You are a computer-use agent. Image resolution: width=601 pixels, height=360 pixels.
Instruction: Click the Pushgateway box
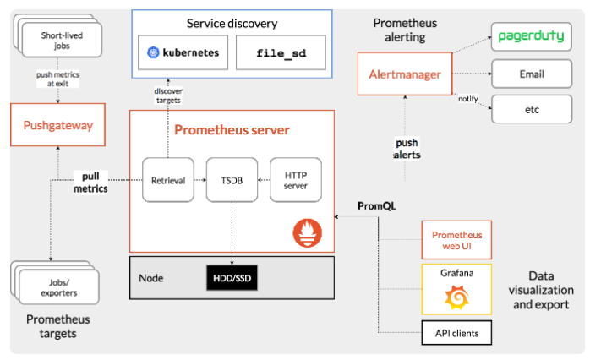click(58, 125)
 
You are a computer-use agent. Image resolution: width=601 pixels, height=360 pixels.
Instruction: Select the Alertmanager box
click(405, 74)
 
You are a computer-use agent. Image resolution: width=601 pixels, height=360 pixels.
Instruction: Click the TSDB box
click(232, 179)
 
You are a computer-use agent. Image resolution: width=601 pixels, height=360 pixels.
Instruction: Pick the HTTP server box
click(296, 179)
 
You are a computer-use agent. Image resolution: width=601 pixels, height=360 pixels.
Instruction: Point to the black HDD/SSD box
click(232, 277)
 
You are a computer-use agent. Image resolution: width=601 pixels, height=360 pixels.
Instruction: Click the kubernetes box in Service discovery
click(183, 52)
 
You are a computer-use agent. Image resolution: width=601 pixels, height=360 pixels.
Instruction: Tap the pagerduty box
click(531, 36)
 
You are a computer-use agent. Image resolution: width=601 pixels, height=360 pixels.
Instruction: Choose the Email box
click(531, 74)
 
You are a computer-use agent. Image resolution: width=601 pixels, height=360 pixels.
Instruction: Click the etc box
click(531, 108)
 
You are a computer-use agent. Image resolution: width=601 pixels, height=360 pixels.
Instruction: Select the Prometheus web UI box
click(456, 239)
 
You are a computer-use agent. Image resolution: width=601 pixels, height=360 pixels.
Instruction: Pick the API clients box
click(456, 333)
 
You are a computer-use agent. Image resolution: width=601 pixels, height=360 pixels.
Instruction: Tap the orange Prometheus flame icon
click(307, 232)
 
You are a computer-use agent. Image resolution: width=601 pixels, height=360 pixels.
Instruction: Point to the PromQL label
click(377, 205)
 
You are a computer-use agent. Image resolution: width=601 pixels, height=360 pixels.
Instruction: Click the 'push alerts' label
click(407, 148)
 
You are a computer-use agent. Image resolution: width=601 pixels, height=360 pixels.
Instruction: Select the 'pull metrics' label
click(90, 183)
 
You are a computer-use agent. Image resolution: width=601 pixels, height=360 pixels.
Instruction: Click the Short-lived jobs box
click(62, 37)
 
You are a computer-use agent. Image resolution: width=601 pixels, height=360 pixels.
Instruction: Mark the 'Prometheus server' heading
click(232, 130)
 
